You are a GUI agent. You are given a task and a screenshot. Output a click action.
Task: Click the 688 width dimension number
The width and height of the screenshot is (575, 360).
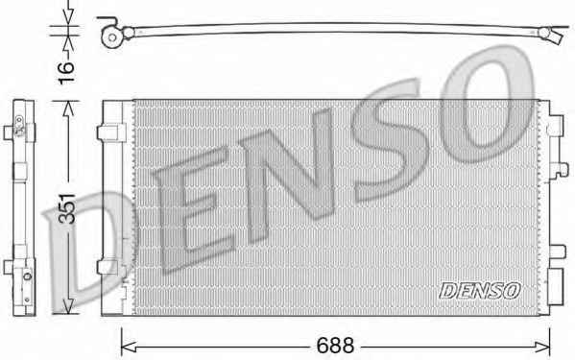335,345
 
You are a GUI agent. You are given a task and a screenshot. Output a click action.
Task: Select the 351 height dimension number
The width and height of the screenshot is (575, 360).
67,208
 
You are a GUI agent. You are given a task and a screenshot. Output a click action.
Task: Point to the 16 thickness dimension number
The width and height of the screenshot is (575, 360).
66,73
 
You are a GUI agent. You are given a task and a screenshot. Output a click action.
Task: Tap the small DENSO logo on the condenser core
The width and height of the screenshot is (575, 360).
480,291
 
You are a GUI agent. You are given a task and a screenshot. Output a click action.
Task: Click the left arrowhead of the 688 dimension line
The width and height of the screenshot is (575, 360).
129,347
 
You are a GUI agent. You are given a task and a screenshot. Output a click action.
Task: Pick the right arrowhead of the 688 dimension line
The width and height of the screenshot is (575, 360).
542,347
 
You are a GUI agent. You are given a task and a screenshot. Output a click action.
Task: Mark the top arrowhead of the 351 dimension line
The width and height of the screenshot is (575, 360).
68,108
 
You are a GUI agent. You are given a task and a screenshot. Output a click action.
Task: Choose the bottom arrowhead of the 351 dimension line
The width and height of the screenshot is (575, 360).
68,305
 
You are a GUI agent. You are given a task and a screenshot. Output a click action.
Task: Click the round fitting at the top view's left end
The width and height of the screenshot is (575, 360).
111,37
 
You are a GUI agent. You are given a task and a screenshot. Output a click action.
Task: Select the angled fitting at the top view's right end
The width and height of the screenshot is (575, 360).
551,35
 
